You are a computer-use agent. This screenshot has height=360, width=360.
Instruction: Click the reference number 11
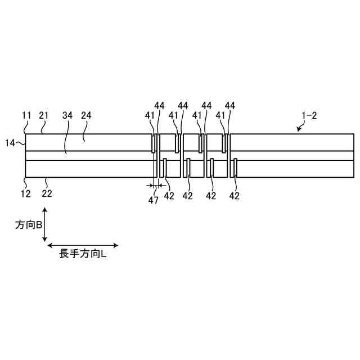pyautogui.click(x=26, y=115)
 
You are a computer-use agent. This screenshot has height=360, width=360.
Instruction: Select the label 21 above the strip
pyautogui.click(x=44, y=115)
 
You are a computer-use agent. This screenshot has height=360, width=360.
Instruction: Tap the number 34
pyautogui.click(x=67, y=115)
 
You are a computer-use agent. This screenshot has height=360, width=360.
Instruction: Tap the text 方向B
pyautogui.click(x=28, y=224)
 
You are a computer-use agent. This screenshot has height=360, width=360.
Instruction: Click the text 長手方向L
pyautogui.click(x=83, y=254)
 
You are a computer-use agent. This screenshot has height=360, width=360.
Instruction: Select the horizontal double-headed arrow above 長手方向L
pyautogui.click(x=83, y=245)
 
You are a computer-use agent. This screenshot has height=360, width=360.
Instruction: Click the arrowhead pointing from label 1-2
pyautogui.click(x=299, y=129)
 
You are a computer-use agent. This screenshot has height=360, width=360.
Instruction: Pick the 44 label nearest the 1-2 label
pyautogui.click(x=230, y=105)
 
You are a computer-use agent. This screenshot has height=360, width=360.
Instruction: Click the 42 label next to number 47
pyautogui.click(x=169, y=196)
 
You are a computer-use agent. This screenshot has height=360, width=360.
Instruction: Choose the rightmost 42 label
pyautogui.click(x=235, y=196)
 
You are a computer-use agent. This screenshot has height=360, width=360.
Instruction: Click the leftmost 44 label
pyautogui.click(x=160, y=105)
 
